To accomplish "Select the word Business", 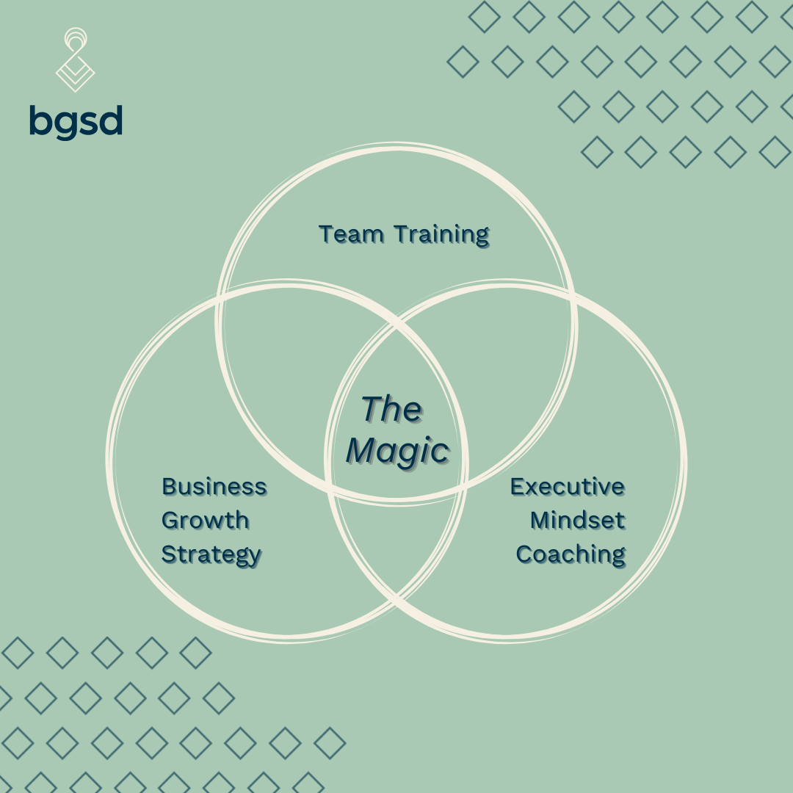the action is click(214, 487).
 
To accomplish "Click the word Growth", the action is click(206, 521).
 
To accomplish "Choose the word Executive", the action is click(568, 487).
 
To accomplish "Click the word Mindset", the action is click(578, 521).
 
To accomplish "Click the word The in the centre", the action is click(391, 409).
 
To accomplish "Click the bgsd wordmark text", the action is click(76, 122).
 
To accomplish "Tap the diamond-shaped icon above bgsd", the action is click(76, 59).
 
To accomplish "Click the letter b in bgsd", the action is click(41, 120).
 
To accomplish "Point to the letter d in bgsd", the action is click(111, 120).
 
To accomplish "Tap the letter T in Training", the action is click(403, 234).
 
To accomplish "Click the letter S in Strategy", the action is click(170, 554).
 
